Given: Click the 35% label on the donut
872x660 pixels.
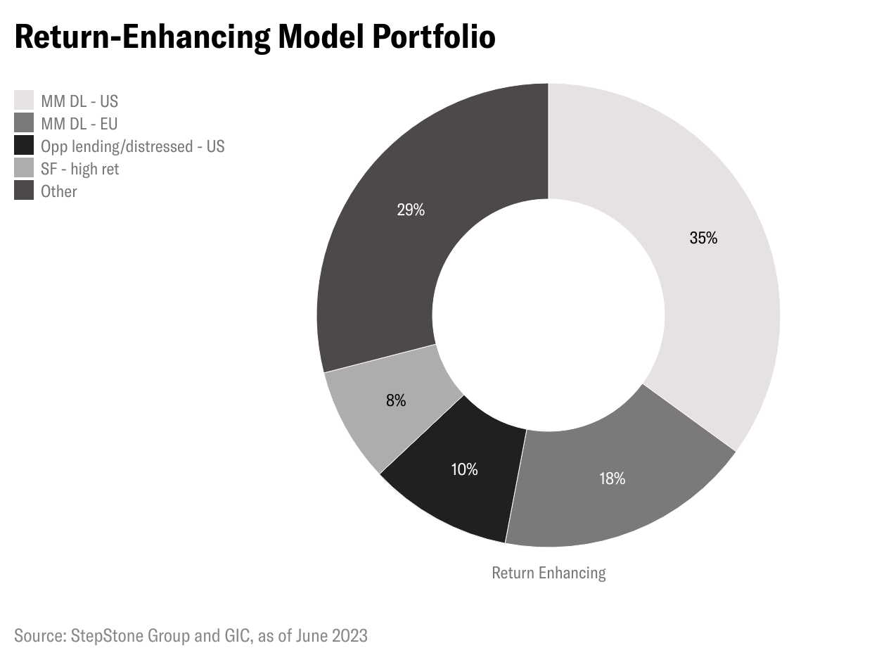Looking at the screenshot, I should coord(703,239).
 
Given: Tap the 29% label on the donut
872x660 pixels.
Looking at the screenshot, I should coord(411,210).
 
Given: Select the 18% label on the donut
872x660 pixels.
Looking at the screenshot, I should coord(612,479).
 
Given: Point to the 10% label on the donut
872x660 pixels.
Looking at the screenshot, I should coord(464,469).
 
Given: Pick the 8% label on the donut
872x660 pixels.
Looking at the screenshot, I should coord(396,401).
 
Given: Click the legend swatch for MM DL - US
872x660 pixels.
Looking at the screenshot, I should coord(24,101).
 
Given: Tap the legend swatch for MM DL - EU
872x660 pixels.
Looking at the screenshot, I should coord(24,123).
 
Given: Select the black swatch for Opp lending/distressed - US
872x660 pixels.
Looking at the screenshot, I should coord(24,146).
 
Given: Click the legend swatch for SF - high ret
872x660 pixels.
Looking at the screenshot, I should coord(24,168).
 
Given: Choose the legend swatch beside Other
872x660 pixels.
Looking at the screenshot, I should coord(24,191).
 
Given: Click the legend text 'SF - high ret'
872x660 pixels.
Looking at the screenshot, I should coord(79,169).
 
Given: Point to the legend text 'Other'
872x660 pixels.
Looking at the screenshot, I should coord(59,191).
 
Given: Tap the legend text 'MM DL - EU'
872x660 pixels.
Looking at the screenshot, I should coord(79,124).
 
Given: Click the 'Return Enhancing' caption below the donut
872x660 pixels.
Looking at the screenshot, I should coord(549,573).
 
